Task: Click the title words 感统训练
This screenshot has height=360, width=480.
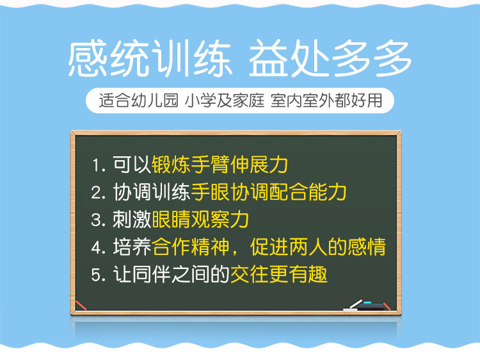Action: [149, 58]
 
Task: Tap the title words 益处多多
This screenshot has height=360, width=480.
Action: [330, 58]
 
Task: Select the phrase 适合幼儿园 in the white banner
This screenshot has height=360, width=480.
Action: [138, 100]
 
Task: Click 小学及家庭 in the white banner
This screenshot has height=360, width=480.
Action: [225, 100]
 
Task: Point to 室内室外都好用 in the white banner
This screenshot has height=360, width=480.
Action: [326, 100]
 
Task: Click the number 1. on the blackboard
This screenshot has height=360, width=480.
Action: [99, 165]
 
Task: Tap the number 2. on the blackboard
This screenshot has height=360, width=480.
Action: [99, 193]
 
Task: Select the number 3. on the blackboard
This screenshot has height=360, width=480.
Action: [99, 220]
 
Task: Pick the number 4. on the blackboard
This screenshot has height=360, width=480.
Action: [99, 247]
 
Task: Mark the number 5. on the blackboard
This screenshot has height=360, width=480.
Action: [99, 275]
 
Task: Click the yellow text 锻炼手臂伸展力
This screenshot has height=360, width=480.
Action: [220, 165]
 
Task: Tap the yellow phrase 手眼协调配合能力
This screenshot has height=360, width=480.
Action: [269, 192]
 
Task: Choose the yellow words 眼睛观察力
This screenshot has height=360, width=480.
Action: [200, 219]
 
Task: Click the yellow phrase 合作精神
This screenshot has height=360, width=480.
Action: [191, 247]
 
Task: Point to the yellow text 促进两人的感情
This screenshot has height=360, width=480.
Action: [318, 247]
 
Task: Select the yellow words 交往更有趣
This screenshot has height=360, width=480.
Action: [278, 274]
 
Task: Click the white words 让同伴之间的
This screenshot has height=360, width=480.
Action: [171, 274]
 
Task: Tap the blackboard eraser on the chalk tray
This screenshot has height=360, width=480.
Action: [370, 306]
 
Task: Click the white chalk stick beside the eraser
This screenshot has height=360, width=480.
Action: [353, 306]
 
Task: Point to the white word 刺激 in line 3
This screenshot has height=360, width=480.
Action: [132, 219]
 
